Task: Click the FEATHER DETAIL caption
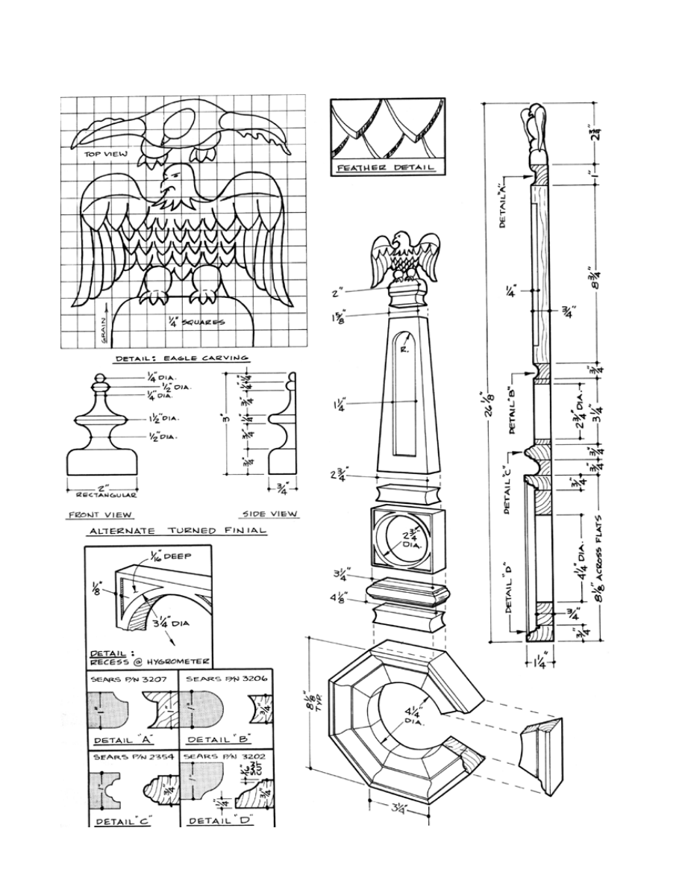[386, 168]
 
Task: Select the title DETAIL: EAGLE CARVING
[182, 358]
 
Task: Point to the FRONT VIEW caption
[100, 514]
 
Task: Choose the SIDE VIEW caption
[270, 514]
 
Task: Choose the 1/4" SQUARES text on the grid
[197, 323]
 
